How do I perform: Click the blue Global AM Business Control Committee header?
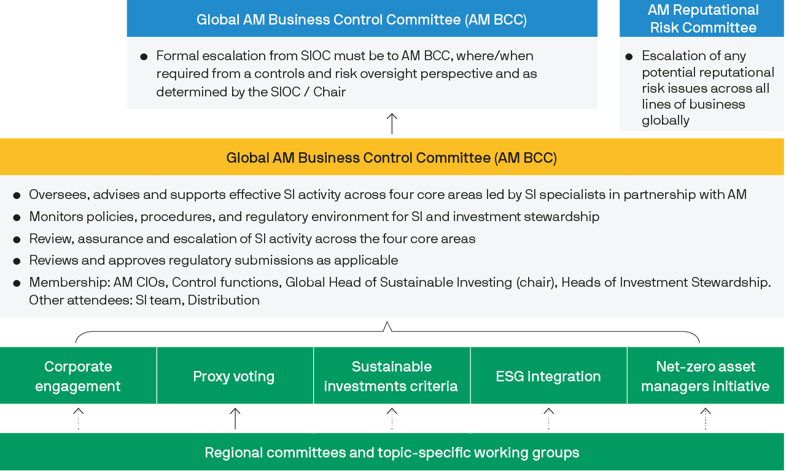tap(362, 18)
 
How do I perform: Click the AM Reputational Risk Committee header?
tap(702, 18)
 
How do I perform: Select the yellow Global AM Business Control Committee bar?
tap(392, 157)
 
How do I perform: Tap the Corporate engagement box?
tap(78, 376)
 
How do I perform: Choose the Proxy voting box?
tap(235, 376)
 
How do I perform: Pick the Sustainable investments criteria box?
tap(392, 376)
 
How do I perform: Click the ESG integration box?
tap(548, 376)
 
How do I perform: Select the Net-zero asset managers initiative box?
tap(706, 376)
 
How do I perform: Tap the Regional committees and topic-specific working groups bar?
tap(392, 452)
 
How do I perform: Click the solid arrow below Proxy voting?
tap(235, 418)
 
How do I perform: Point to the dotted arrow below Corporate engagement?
tap(78, 418)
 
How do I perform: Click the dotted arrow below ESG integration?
tap(549, 418)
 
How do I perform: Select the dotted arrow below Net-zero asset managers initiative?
tap(706, 418)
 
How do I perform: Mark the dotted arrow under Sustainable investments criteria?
tap(392, 418)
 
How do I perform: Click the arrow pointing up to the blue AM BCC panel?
tap(392, 123)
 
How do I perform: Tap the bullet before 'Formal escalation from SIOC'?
tap(144, 57)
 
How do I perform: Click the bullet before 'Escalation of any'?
tap(629, 57)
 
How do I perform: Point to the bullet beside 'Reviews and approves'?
tap(17, 261)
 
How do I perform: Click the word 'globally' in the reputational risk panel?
tap(665, 120)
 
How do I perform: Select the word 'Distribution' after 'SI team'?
tap(224, 300)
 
